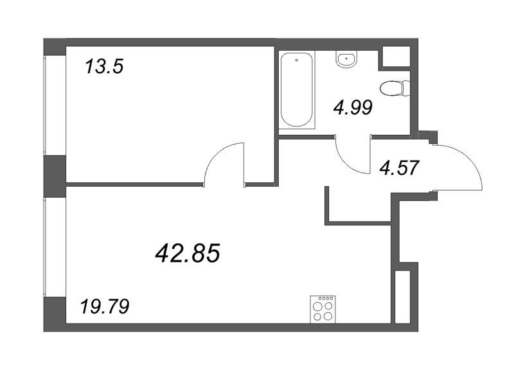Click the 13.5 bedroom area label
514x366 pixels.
click(104, 67)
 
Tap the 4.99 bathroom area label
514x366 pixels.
click(353, 107)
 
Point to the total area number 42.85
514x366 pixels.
click(187, 254)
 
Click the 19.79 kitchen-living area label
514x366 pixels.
click(105, 306)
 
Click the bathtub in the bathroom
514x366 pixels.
click(297, 90)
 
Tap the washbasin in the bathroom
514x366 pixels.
click(346, 60)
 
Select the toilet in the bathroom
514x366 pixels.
click(395, 88)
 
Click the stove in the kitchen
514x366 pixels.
click(323, 309)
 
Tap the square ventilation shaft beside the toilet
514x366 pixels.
click(396, 57)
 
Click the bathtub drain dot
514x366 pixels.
click(297, 60)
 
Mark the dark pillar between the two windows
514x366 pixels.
click(55, 177)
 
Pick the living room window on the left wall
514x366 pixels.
click(45, 247)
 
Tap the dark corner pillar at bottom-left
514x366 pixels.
click(55, 314)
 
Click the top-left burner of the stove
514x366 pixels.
click(317, 307)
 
